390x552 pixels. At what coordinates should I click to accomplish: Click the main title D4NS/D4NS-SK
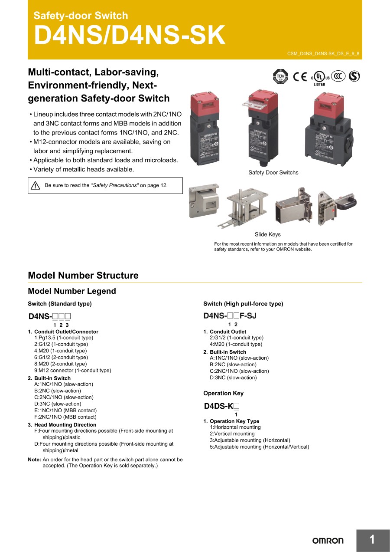130,36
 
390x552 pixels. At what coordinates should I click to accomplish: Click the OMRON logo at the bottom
328,540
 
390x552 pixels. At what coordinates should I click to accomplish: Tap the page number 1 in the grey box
372,540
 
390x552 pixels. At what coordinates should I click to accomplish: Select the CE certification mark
300,76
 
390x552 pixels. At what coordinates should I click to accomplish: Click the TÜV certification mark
280,76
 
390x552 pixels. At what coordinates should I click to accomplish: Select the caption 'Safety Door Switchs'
273,173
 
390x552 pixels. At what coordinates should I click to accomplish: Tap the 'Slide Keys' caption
267,235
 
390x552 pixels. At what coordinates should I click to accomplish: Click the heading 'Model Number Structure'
83,276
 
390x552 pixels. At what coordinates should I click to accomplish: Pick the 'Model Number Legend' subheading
72,291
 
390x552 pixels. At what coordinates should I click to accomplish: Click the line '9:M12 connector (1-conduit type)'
73,371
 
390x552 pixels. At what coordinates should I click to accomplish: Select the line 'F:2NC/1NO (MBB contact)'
65,417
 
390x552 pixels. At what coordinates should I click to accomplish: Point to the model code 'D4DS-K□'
221,407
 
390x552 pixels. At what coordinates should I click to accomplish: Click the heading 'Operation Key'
223,394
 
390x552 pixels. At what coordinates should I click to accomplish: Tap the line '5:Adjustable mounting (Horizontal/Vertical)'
260,447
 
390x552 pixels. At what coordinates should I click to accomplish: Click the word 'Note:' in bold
35,460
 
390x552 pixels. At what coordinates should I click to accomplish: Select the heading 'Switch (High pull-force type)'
243,304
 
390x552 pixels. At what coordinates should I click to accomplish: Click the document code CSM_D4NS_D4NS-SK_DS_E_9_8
323,54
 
